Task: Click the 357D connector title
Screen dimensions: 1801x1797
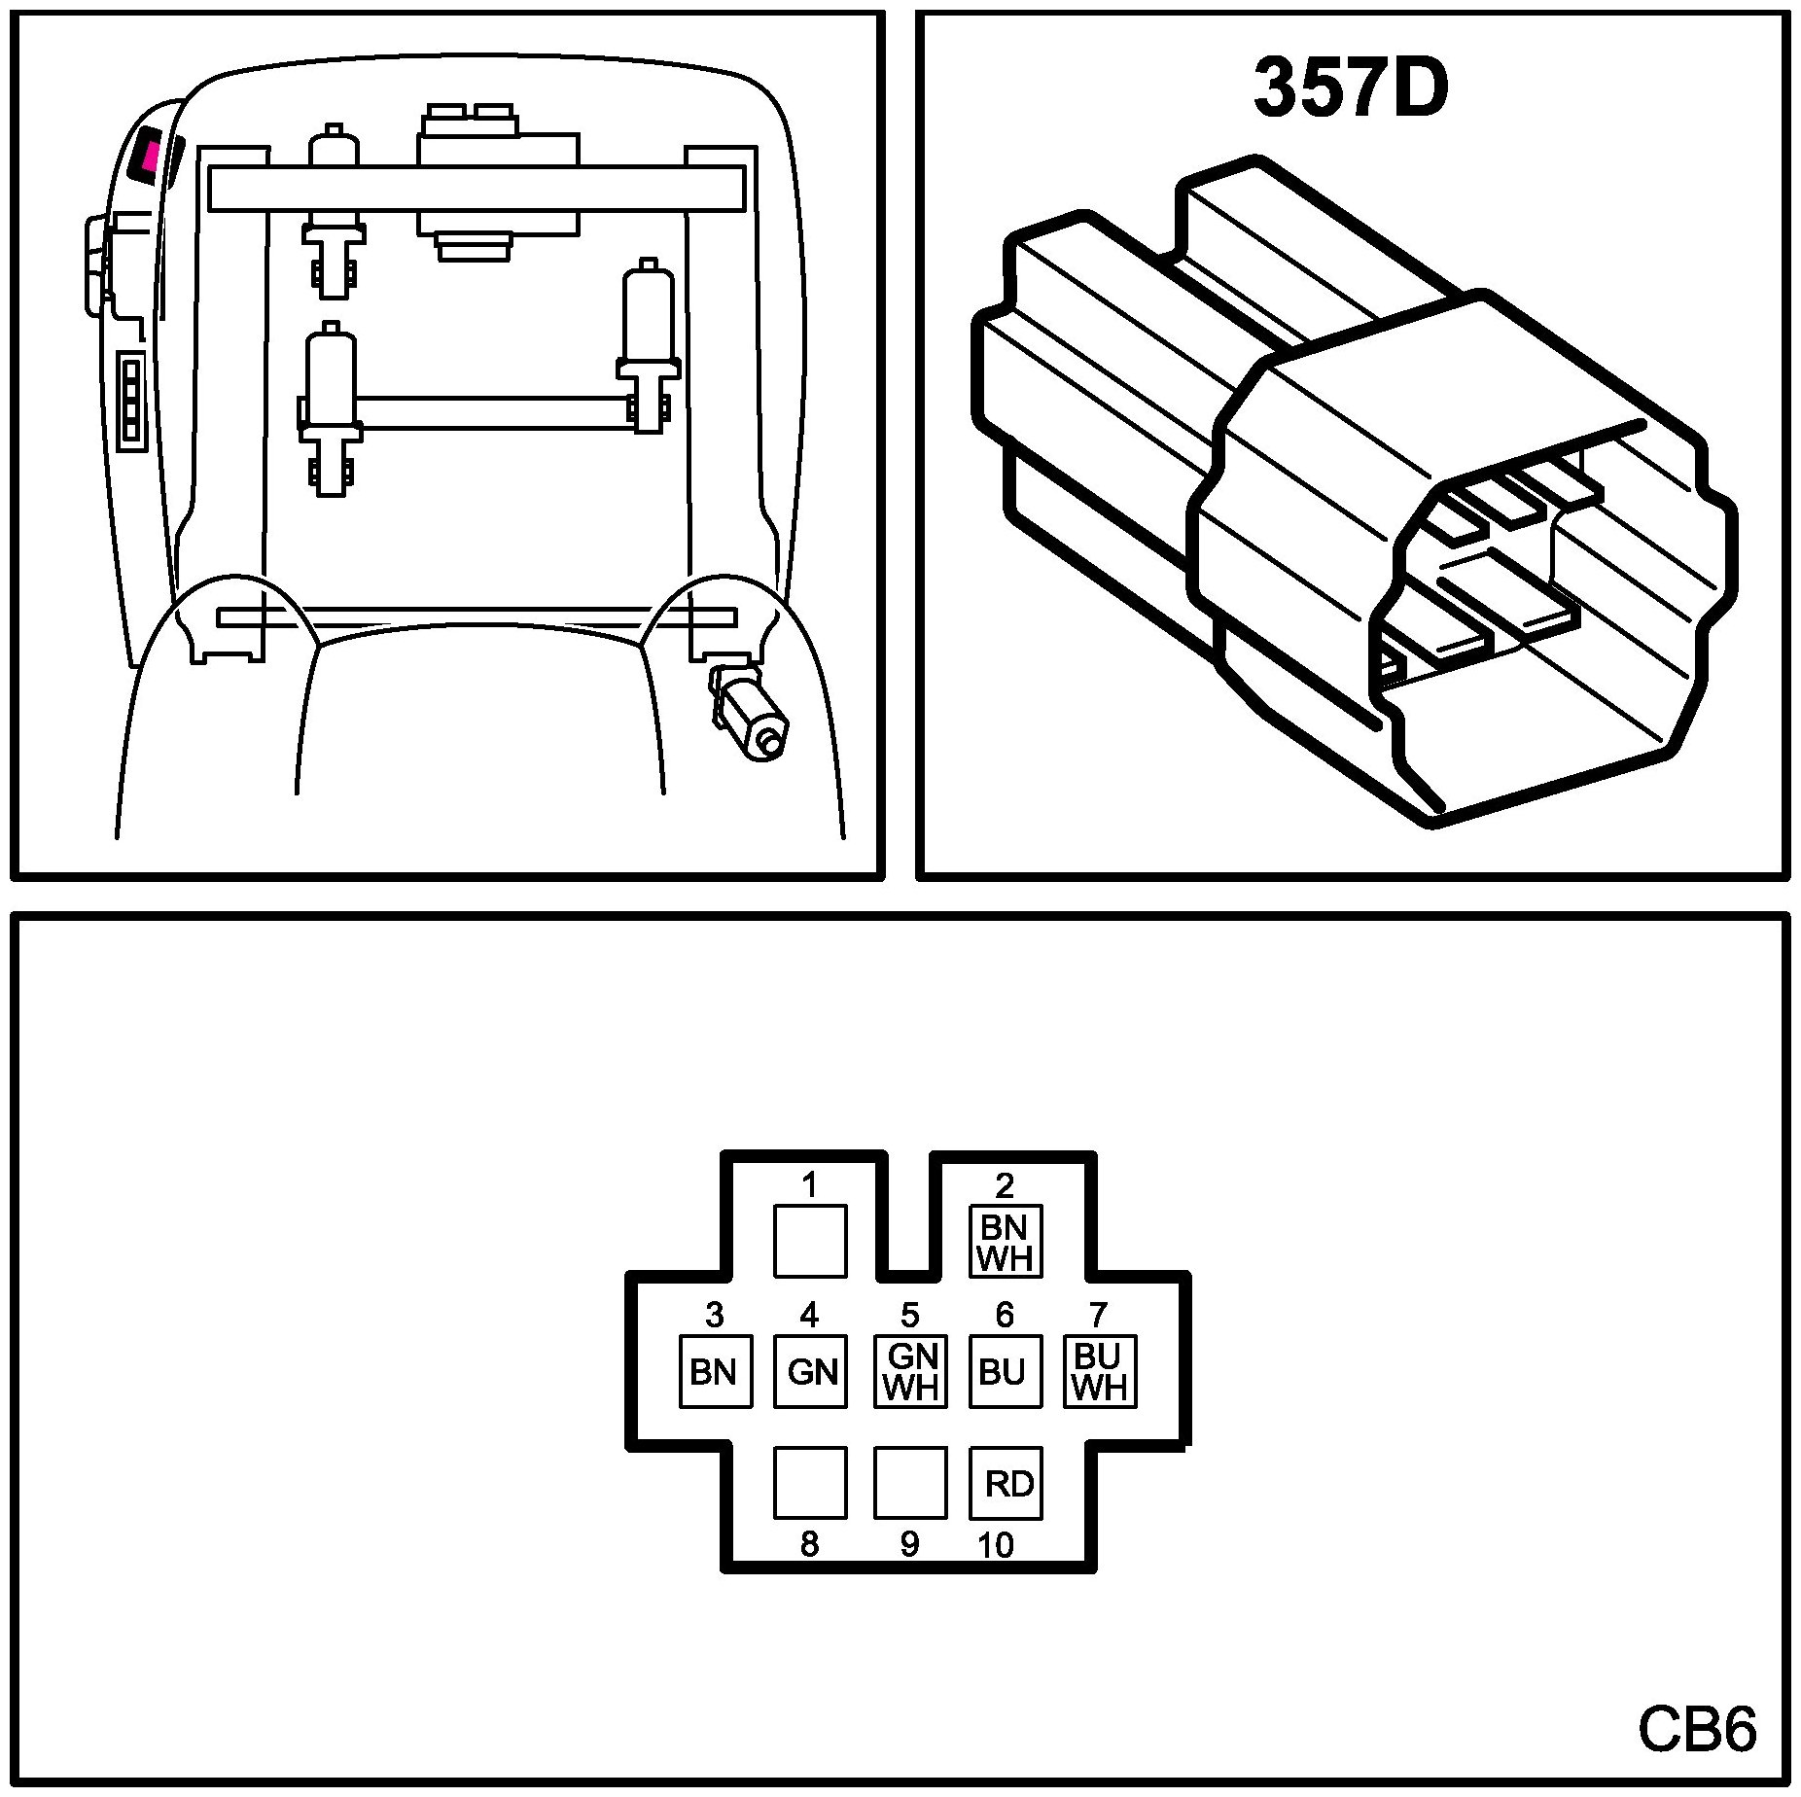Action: coord(1350,88)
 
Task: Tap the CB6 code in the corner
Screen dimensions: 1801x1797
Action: coord(1697,1728)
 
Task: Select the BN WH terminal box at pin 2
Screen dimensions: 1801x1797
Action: coord(1006,1241)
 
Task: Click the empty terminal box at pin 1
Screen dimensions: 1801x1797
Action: coord(810,1241)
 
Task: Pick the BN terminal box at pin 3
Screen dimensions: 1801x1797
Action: coord(715,1371)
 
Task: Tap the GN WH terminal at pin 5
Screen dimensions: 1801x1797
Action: coord(911,1371)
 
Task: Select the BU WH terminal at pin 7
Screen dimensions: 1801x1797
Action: coord(1100,1371)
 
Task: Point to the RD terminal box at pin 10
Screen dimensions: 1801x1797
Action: coord(1006,1483)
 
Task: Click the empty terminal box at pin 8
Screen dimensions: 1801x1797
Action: coord(810,1483)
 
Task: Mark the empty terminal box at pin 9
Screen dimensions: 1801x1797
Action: coord(910,1483)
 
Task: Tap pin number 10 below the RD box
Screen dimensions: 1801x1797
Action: coord(996,1544)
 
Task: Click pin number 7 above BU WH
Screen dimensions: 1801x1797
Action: coord(1098,1315)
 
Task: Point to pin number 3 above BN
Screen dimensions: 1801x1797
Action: coord(715,1315)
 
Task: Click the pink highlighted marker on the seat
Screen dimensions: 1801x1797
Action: coord(149,154)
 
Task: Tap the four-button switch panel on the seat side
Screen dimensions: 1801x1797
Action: coord(129,403)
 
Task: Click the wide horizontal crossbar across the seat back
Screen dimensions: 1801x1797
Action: coord(477,188)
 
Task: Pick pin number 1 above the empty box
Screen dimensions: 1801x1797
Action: coord(809,1184)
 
